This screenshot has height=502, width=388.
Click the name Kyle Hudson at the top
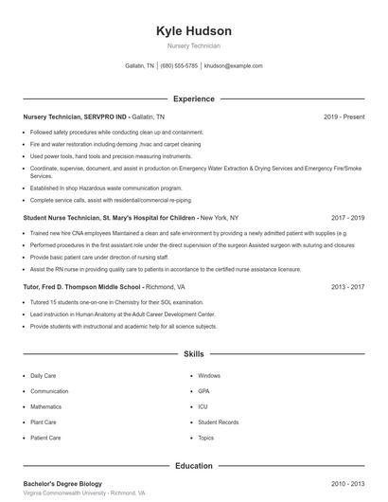click(194, 31)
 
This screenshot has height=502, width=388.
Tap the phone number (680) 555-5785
click(179, 66)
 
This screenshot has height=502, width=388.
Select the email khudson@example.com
click(234, 66)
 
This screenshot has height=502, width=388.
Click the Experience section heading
click(194, 99)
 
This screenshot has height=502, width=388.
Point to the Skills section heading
click(194, 354)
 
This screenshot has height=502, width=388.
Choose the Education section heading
click(194, 466)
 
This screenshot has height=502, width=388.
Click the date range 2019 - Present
click(344, 117)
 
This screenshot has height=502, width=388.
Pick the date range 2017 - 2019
click(346, 218)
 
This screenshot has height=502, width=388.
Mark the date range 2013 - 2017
click(346, 286)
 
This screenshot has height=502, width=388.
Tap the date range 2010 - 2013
click(346, 484)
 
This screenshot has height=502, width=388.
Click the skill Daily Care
click(44, 376)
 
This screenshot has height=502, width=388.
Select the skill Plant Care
click(44, 422)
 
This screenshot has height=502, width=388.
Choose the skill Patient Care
click(45, 439)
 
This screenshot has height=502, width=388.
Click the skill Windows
click(209, 376)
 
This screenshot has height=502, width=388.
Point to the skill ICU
click(203, 407)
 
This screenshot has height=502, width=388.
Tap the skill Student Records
click(218, 422)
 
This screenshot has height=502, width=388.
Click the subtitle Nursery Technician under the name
click(194, 45)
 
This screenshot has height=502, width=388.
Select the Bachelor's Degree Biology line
click(62, 484)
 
